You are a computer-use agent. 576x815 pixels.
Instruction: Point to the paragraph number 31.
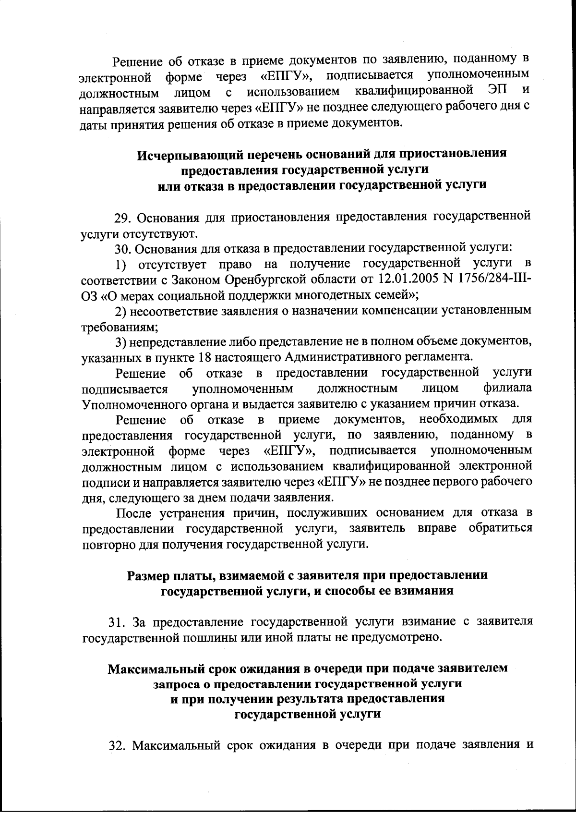(x=117, y=622)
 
